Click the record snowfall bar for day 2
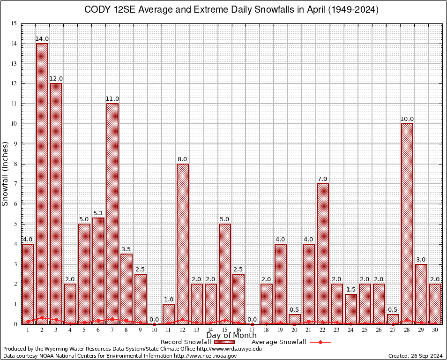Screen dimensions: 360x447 click(x=42, y=183)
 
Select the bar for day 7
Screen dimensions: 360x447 click(x=112, y=213)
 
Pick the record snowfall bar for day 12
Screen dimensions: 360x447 click(x=182, y=244)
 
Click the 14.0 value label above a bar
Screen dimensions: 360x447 click(x=42, y=39)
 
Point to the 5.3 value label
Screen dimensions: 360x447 click(x=98, y=213)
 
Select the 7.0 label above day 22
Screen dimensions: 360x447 click(x=323, y=179)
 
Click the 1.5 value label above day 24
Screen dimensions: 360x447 click(x=351, y=290)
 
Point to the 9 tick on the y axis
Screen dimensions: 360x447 click(x=15, y=144)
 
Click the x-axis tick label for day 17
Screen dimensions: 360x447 click(x=253, y=330)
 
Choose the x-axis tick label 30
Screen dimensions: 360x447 click(x=435, y=330)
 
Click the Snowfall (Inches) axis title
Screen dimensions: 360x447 click(x=6, y=173)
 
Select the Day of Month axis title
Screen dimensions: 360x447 click(x=231, y=336)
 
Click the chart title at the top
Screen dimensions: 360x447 click(x=231, y=10)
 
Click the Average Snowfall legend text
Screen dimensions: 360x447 click(x=279, y=342)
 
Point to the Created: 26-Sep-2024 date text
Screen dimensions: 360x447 click(x=416, y=356)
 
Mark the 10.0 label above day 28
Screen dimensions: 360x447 click(x=407, y=119)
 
